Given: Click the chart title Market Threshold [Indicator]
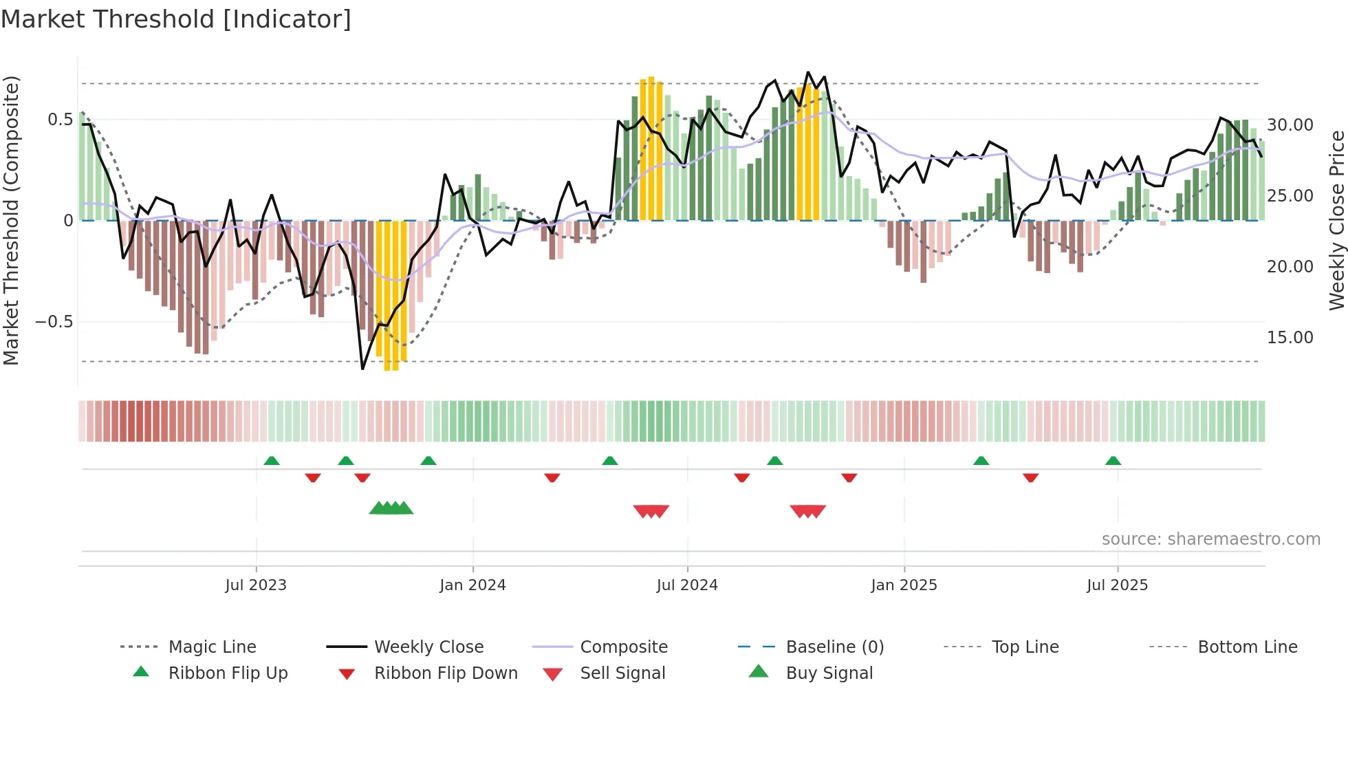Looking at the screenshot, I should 176,19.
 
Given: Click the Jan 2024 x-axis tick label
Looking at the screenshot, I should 472,585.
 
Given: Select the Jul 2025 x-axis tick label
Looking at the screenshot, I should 1117,585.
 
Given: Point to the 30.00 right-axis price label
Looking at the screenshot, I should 1290,125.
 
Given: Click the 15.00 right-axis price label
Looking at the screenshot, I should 1290,338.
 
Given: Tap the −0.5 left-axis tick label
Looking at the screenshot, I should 54,322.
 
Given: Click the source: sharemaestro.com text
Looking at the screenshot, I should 1210,539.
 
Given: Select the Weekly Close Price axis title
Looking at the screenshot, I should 1336,220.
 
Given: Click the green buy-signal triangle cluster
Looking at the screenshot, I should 391,508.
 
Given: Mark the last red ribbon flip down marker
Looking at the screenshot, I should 1030,477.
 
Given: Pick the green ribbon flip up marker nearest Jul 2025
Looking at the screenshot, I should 1113,461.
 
